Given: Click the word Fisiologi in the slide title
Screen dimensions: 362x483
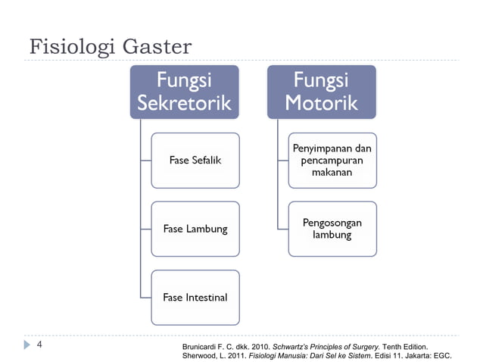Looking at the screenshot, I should (x=67, y=48).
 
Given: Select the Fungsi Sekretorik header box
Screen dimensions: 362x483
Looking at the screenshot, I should (x=184, y=91).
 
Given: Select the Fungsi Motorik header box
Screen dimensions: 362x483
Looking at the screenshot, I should (x=321, y=91).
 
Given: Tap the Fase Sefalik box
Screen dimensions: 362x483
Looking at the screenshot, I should (x=195, y=160).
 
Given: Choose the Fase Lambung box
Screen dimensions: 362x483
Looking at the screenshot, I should (x=195, y=229).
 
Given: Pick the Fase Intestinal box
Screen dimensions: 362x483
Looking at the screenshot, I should (x=195, y=297).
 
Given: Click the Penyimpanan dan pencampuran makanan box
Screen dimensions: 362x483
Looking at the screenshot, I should (x=332, y=160).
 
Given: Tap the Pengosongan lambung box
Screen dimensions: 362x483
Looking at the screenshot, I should (x=332, y=229).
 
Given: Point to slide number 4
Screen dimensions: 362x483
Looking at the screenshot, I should (x=39, y=345).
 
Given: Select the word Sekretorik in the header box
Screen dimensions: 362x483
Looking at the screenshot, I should (x=184, y=103).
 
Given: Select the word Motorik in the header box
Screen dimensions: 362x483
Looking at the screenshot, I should (x=321, y=103).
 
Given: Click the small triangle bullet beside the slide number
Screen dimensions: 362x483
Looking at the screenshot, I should (x=26, y=345).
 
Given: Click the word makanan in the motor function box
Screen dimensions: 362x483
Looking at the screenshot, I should (x=332, y=173).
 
